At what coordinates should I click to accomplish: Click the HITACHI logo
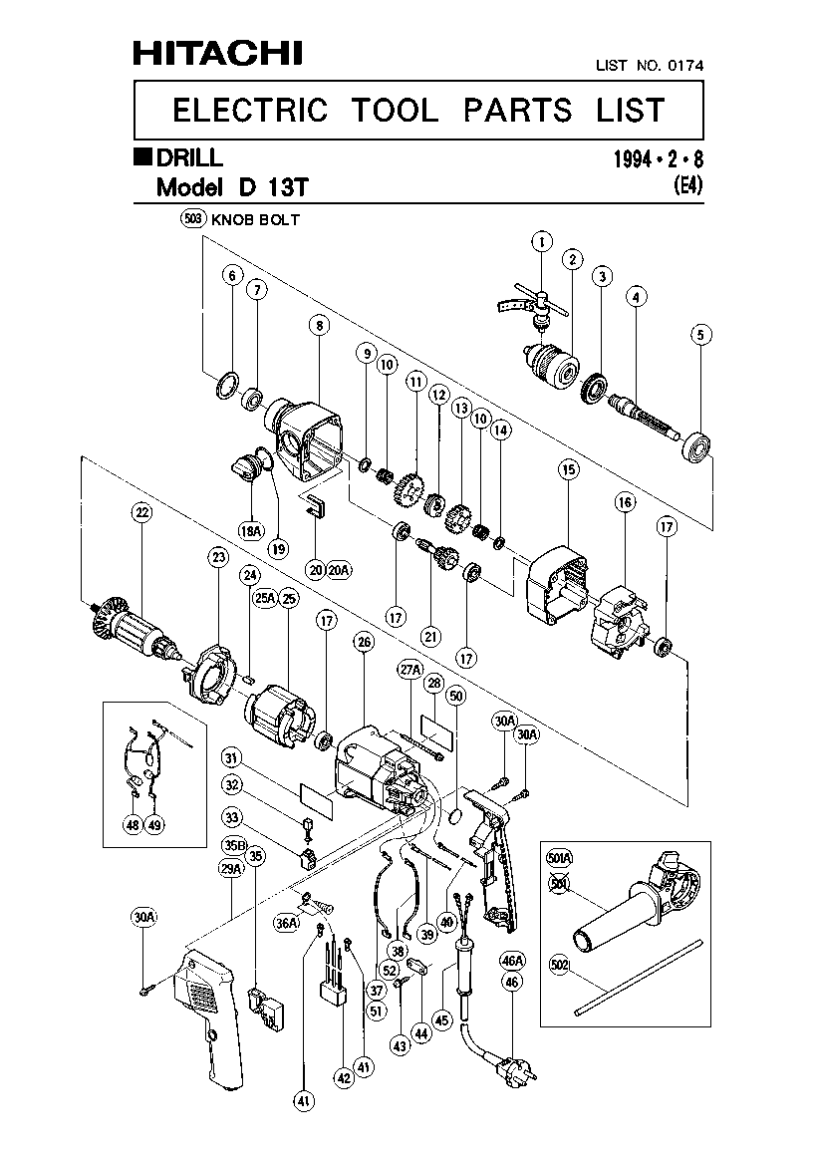(218, 53)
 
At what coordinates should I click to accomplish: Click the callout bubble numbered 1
(541, 240)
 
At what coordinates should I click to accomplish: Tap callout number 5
(703, 335)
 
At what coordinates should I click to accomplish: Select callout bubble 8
(318, 324)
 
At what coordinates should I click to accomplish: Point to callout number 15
(568, 468)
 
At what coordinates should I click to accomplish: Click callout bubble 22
(141, 513)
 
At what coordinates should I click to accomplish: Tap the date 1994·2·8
(665, 158)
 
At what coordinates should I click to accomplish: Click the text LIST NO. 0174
(649, 66)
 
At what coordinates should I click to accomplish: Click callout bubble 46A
(512, 961)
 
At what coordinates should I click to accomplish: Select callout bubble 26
(363, 642)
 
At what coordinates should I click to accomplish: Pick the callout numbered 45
(441, 1019)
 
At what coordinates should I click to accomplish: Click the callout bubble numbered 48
(133, 825)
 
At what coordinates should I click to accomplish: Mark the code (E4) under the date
(687, 183)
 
